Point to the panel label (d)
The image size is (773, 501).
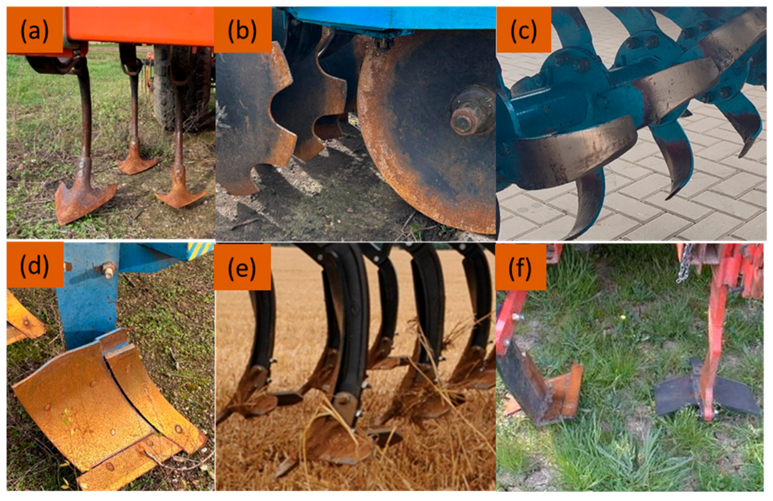[x=34, y=266]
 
